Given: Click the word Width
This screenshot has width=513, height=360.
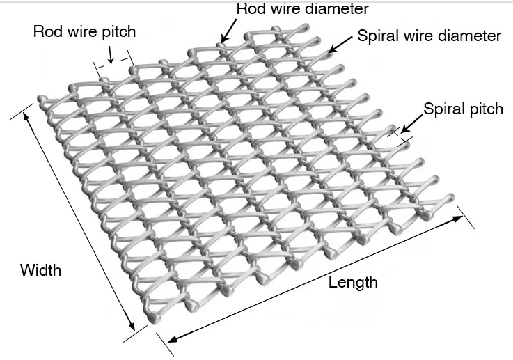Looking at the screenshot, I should pyautogui.click(x=40, y=269).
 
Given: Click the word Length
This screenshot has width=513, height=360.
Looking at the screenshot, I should pyautogui.click(x=353, y=282).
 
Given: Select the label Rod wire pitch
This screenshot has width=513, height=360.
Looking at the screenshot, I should pyautogui.click(x=84, y=32).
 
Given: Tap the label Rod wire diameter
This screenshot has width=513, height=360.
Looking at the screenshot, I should pyautogui.click(x=302, y=9).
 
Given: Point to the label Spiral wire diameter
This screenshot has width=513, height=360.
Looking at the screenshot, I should pyautogui.click(x=429, y=36).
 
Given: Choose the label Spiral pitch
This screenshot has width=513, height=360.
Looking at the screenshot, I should pyautogui.click(x=463, y=109).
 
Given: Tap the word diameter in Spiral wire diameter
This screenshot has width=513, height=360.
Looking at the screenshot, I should pyautogui.click(x=473, y=36).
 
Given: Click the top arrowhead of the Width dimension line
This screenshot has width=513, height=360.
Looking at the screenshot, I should pyautogui.click(x=27, y=116).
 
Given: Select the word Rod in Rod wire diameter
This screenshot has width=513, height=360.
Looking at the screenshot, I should pyautogui.click(x=251, y=9).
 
